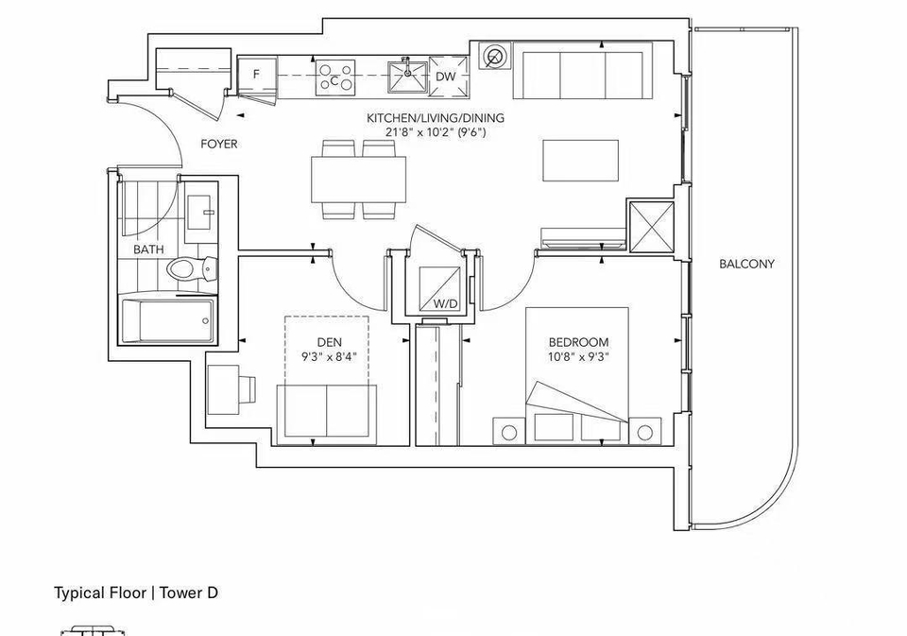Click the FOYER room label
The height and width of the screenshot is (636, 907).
click(x=218, y=144)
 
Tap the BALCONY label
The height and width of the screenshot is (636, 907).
click(x=746, y=264)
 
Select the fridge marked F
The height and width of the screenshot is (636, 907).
click(x=257, y=75)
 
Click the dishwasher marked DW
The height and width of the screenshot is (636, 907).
click(x=447, y=76)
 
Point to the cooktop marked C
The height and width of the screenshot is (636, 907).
click(x=334, y=77)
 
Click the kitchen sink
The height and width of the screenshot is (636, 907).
click(x=407, y=77)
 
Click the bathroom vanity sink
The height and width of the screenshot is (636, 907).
click(x=200, y=212)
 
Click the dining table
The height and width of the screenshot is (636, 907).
click(x=358, y=180)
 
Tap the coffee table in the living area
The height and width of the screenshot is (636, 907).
click(x=581, y=160)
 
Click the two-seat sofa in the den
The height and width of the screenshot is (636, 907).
click(x=326, y=415)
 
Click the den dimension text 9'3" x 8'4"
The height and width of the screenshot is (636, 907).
click(x=329, y=356)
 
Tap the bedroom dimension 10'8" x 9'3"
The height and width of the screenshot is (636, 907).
click(x=579, y=356)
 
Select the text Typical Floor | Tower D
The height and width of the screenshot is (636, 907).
click(x=136, y=593)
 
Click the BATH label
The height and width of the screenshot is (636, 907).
click(x=148, y=249)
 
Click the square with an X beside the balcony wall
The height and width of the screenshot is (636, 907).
click(x=651, y=226)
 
